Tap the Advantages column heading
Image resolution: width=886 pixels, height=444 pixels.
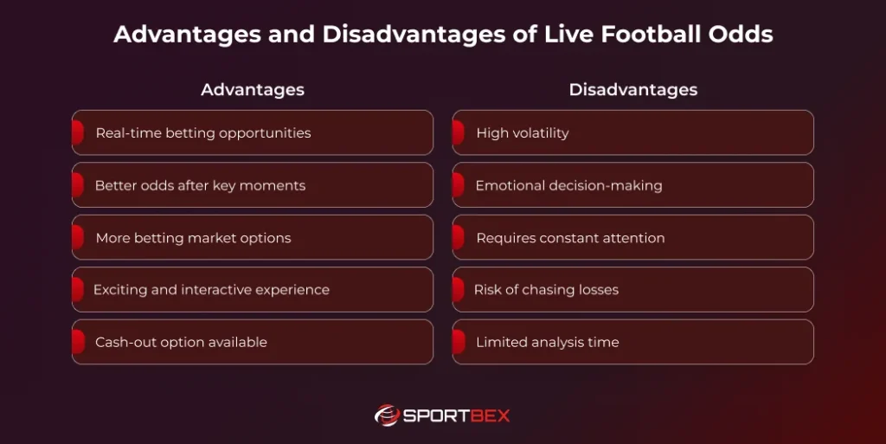253,90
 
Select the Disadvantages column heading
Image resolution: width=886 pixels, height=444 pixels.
632,90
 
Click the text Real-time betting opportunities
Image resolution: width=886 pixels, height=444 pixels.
203,133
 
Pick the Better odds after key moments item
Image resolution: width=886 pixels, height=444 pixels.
200,185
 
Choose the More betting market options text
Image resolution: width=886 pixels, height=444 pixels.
193,238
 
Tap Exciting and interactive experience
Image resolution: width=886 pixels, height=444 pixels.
211,290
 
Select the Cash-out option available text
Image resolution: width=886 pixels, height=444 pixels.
181,342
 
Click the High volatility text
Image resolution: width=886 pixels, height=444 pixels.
523,133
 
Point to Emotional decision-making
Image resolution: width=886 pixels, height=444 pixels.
568,185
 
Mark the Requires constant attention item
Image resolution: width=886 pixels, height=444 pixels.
570,238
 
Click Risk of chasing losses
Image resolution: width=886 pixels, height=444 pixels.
546,290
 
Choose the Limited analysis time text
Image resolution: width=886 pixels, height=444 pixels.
547,342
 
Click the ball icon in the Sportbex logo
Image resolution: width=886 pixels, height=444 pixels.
386,415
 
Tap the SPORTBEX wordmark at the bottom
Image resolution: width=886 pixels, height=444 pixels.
457,416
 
